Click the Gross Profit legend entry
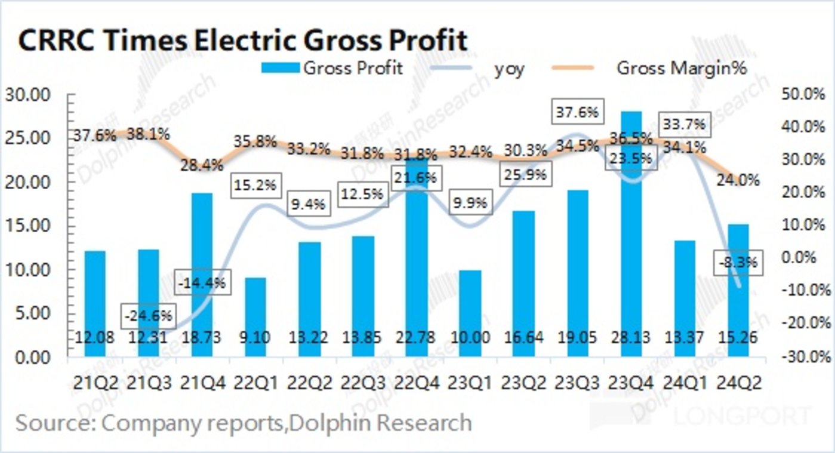[x=332, y=68]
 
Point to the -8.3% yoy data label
[x=738, y=262]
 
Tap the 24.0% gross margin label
[x=738, y=180]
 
